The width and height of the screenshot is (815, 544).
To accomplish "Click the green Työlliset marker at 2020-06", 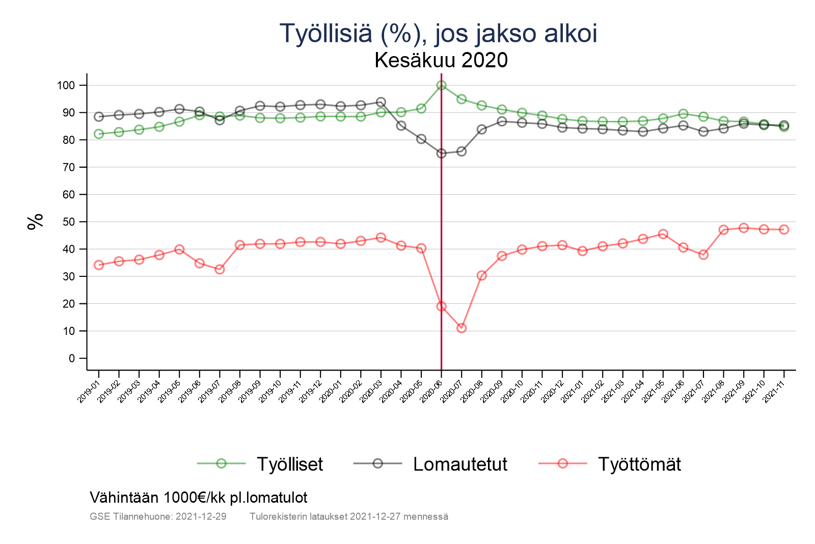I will pyautogui.click(x=441, y=86).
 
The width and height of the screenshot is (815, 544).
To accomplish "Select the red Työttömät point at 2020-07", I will pyautogui.click(x=461, y=328).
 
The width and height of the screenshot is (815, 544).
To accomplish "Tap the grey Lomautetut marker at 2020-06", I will pyautogui.click(x=441, y=153).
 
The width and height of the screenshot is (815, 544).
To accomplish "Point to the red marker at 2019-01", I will pyautogui.click(x=99, y=265).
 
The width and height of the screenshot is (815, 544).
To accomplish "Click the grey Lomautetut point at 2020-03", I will pyautogui.click(x=381, y=102).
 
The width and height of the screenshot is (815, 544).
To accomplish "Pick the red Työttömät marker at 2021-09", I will pyautogui.click(x=744, y=228).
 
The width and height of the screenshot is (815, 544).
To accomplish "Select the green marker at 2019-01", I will pyautogui.click(x=99, y=134).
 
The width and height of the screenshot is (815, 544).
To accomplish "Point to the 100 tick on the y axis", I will pyautogui.click(x=66, y=86).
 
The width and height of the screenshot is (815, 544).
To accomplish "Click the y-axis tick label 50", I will pyautogui.click(x=69, y=222).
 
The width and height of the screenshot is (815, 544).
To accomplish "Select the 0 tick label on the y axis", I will pyautogui.click(x=71, y=358).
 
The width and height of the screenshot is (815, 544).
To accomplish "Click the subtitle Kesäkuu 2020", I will pyautogui.click(x=441, y=60).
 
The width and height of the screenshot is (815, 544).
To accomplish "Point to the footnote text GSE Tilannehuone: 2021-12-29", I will pyautogui.click(x=158, y=516).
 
